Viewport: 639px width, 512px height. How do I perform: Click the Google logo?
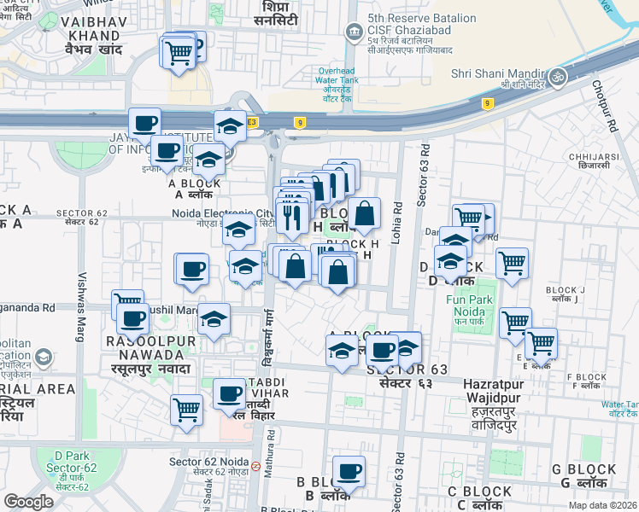[29, 502]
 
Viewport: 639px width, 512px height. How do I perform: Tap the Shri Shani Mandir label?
[496, 73]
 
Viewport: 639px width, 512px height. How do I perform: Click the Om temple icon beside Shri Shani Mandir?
[559, 75]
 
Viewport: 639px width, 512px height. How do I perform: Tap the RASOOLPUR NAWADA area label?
[151, 348]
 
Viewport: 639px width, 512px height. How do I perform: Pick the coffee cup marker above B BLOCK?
[348, 469]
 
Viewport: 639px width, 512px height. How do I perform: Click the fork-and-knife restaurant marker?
[294, 215]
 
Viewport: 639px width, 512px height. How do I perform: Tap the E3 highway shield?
[252, 122]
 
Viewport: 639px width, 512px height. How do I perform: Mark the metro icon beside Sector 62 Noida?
[255, 466]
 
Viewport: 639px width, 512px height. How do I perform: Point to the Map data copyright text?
[602, 505]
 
